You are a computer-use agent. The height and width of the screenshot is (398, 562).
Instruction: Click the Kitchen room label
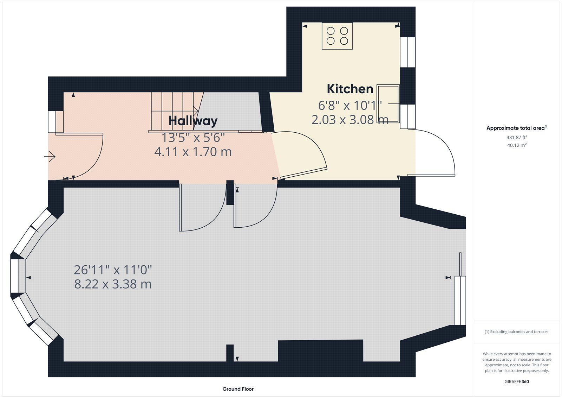[x=350, y=89]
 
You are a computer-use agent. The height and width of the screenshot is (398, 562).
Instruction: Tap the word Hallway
[x=193, y=121]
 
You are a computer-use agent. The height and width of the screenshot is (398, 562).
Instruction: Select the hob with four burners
[x=337, y=36]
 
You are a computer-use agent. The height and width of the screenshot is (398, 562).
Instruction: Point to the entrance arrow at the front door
[x=50, y=157]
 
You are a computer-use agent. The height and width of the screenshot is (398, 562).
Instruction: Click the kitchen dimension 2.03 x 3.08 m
[x=350, y=120]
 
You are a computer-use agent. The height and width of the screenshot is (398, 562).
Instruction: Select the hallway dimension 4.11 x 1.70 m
[x=193, y=152]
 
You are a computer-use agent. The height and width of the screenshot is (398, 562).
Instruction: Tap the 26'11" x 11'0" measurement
[x=113, y=270]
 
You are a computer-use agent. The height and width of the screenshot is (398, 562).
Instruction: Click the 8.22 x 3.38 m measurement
[x=113, y=284]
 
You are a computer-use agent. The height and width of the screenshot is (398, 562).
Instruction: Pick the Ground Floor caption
[x=238, y=389]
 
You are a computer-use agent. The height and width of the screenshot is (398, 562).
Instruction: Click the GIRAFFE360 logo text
[x=517, y=381]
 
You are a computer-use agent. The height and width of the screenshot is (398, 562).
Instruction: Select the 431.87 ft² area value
[x=517, y=137]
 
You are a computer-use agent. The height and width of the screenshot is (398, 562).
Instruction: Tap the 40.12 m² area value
[x=517, y=145]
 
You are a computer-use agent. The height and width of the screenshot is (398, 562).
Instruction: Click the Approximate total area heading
[x=517, y=128]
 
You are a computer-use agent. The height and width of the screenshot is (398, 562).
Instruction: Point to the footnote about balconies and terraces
[x=516, y=331]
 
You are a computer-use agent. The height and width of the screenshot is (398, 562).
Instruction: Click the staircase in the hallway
[x=176, y=112]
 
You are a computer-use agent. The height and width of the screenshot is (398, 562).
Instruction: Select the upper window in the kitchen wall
[x=408, y=52]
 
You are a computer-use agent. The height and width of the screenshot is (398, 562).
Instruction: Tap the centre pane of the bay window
[x=18, y=276]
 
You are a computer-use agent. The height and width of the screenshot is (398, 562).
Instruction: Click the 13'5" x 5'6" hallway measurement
[x=193, y=138]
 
